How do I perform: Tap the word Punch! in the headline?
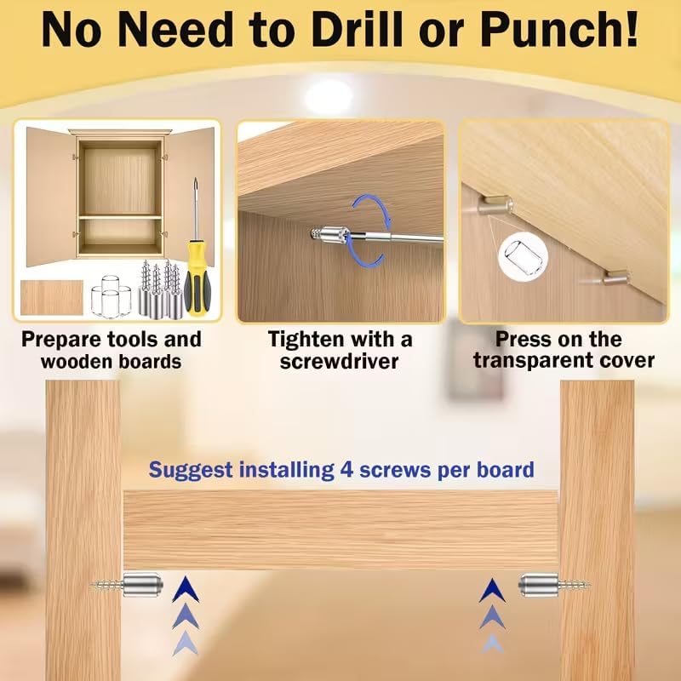tap(559, 30)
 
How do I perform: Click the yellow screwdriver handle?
tap(197, 278)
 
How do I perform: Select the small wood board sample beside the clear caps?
tap(52, 297)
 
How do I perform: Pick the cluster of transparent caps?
tap(112, 296)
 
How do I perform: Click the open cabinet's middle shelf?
tap(120, 217)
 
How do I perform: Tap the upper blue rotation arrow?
tap(372, 208)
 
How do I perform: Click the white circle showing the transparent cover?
tap(523, 257)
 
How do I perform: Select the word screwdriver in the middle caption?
tap(339, 361)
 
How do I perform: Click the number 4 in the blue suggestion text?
tap(346, 470)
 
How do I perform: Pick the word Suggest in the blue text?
tap(191, 471)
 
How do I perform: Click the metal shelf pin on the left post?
tap(129, 585)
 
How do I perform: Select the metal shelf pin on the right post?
tap(554, 585)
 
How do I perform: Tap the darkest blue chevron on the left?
tap(186, 590)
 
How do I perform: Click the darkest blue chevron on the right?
tap(492, 591)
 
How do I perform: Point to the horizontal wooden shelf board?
tap(341, 529)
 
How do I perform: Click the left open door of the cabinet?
tap(50, 197)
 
